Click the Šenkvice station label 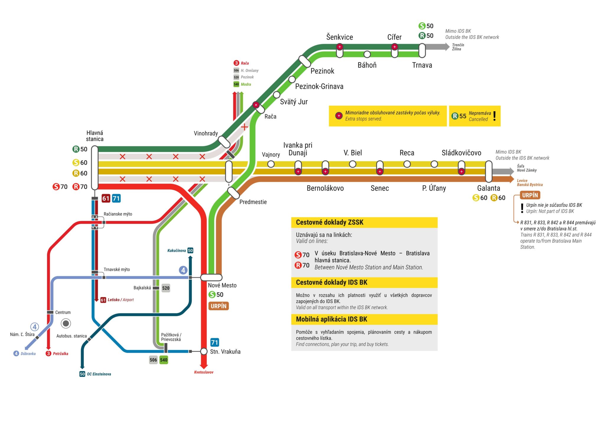(x=339, y=37)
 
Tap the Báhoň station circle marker (x=367, y=54)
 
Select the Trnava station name (x=422, y=65)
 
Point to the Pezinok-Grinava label (x=319, y=86)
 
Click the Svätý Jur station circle (x=277, y=95)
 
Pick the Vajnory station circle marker (x=271, y=164)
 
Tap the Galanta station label (x=489, y=188)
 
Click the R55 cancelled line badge (x=459, y=116)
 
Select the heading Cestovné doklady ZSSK (x=330, y=222)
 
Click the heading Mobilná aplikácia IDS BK (x=331, y=319)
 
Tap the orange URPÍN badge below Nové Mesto (x=219, y=306)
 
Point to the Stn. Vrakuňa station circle (x=204, y=351)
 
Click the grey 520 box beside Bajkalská (x=166, y=288)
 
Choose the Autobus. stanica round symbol (x=66, y=323)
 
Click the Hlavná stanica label (x=95, y=136)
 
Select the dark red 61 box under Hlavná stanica (x=106, y=198)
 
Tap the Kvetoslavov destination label (x=204, y=372)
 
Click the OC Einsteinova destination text (x=99, y=374)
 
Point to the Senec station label (x=380, y=188)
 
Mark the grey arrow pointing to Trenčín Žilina (x=436, y=47)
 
